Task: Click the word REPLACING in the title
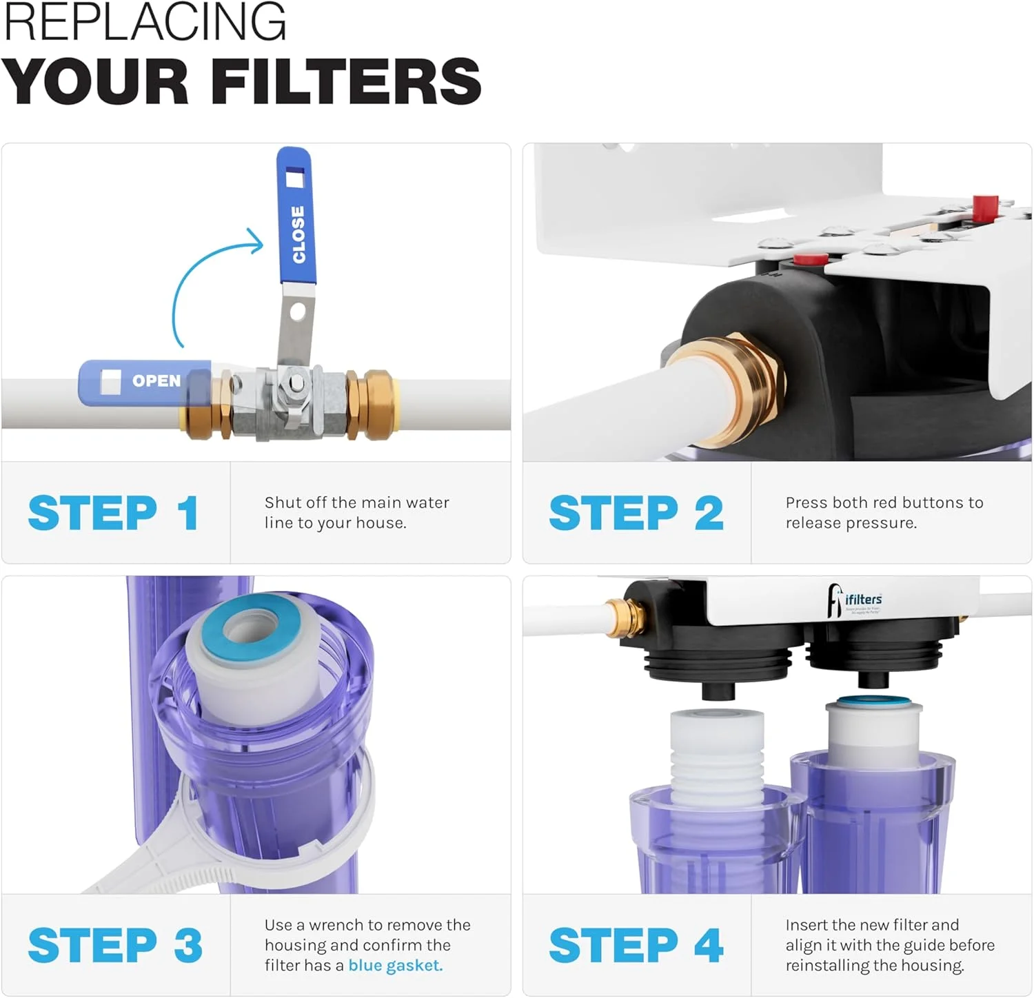pyautogui.click(x=145, y=22)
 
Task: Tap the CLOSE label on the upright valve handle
pyautogui.click(x=298, y=234)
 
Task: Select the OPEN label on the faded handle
pyautogui.click(x=156, y=380)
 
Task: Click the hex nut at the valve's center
pyautogui.click(x=295, y=383)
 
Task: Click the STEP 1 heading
pyautogui.click(x=114, y=513)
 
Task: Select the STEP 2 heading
pyautogui.click(x=636, y=513)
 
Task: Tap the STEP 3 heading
pyautogui.click(x=115, y=945)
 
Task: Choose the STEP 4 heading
pyautogui.click(x=636, y=945)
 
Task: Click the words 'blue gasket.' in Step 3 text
pyautogui.click(x=395, y=966)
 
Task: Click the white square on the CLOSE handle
pyautogui.click(x=294, y=179)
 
